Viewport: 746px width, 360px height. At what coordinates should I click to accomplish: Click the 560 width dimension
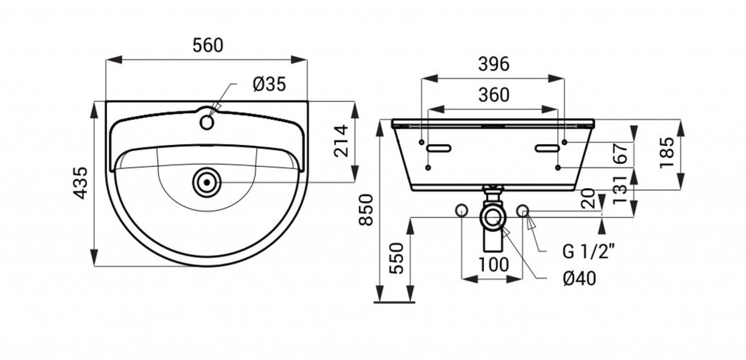tap(208, 45)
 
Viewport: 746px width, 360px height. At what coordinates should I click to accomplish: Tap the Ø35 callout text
tap(270, 85)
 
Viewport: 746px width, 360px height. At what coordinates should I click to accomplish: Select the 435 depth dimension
tap(80, 183)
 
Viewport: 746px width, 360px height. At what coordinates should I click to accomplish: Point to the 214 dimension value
tap(341, 141)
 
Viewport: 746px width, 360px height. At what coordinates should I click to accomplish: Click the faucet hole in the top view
tap(207, 122)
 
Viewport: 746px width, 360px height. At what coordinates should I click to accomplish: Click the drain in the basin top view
tap(207, 182)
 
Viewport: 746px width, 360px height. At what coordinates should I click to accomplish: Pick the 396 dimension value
tap(493, 64)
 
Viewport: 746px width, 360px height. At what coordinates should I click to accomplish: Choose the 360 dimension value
tap(493, 95)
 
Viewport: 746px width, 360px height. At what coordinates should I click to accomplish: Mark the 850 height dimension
tap(366, 210)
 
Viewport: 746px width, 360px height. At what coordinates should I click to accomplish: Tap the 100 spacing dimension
tap(493, 265)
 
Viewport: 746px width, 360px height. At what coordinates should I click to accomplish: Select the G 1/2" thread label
tap(589, 251)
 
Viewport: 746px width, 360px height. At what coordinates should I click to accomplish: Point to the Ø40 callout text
tap(579, 278)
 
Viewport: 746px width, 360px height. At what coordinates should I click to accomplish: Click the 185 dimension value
tap(667, 152)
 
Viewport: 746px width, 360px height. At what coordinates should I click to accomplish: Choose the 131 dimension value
tap(621, 189)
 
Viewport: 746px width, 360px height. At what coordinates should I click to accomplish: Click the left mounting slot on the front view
tap(439, 148)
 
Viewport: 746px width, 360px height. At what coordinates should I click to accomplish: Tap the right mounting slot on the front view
tap(546, 148)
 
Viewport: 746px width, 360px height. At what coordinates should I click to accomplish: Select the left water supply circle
tap(461, 210)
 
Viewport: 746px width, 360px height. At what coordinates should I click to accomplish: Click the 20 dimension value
tap(588, 197)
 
